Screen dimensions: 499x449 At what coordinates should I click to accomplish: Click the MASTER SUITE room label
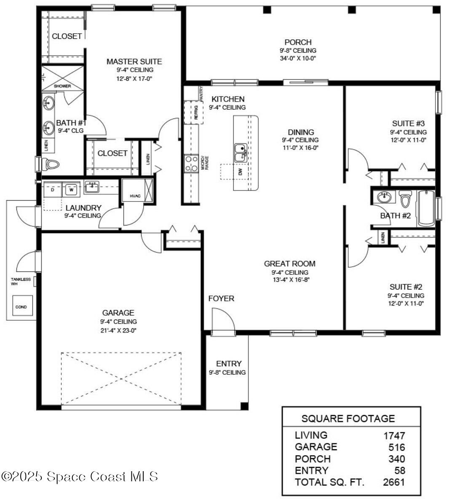pos(134,62)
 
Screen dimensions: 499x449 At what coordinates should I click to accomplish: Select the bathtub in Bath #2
pos(425,208)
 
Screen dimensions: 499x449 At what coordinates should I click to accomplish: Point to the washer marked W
pos(71,189)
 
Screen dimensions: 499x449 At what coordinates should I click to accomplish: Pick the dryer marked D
pos(53,189)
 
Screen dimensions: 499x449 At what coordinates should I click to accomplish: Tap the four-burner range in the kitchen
pos(192,164)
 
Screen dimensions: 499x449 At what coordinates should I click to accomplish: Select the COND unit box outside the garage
pos(21,307)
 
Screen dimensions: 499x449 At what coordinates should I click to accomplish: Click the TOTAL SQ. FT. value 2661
pos(394,482)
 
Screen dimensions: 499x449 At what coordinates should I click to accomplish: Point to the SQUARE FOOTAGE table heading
pos(348,419)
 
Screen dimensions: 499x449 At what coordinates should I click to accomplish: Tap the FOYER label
pos(221,298)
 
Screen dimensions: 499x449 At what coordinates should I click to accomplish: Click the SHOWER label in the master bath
pos(62,86)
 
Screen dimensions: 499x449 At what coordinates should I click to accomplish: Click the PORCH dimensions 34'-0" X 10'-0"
pos(298,58)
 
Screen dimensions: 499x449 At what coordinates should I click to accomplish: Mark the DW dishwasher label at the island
pos(241,172)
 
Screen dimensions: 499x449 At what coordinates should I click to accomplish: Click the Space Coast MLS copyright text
pos(80,477)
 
